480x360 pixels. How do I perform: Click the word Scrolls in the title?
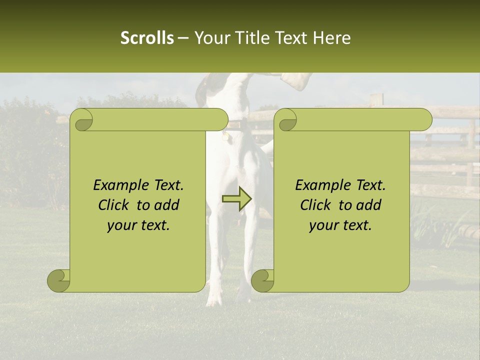coord(147,38)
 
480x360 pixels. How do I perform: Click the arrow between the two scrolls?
coord(236,199)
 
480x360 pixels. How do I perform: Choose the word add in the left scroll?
coord(166,205)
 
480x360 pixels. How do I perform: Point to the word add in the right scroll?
coord(368,205)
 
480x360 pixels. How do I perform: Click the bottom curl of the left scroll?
coord(59,281)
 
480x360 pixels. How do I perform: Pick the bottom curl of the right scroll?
coord(263,281)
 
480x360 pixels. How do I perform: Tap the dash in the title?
coord(183,38)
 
